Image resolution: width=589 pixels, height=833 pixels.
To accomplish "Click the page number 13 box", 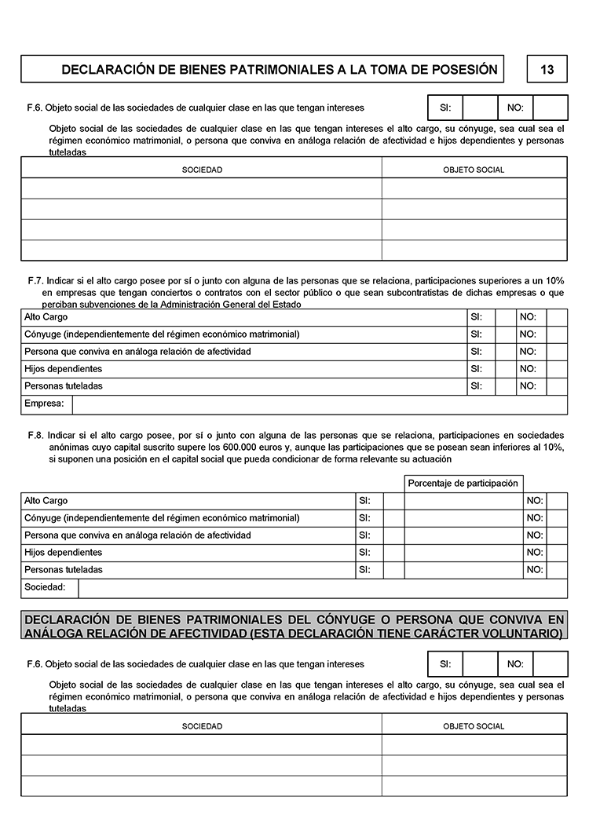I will [x=547, y=69].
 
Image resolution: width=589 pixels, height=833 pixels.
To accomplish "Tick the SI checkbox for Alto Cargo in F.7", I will [x=504, y=317].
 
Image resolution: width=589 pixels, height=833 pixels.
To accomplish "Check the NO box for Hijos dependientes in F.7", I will [x=556, y=369].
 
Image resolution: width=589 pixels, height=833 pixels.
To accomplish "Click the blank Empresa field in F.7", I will [x=319, y=404].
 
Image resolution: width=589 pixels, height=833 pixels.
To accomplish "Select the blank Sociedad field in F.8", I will [x=322, y=589].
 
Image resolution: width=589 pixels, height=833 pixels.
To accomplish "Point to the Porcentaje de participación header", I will [x=463, y=484].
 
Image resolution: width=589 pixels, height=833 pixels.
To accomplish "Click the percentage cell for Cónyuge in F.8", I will [x=463, y=518].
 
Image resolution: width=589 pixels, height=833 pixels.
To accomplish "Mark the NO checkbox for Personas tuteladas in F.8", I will [x=556, y=570].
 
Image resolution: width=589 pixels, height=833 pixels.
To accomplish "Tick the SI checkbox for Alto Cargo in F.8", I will [x=393, y=501].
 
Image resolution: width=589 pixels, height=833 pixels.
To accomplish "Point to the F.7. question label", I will [x=35, y=280].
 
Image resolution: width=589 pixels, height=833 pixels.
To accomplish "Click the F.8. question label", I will [x=35, y=434].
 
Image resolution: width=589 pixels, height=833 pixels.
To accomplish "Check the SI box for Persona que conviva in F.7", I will [x=504, y=352].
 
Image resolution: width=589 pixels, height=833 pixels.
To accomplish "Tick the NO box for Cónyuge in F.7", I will [x=556, y=334].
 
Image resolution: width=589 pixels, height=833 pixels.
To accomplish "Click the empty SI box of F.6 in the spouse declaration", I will [x=480, y=664].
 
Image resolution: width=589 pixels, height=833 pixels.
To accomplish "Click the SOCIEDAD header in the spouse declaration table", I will [x=202, y=726].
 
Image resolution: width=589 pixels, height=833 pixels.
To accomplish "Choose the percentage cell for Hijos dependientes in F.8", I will [x=463, y=553].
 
